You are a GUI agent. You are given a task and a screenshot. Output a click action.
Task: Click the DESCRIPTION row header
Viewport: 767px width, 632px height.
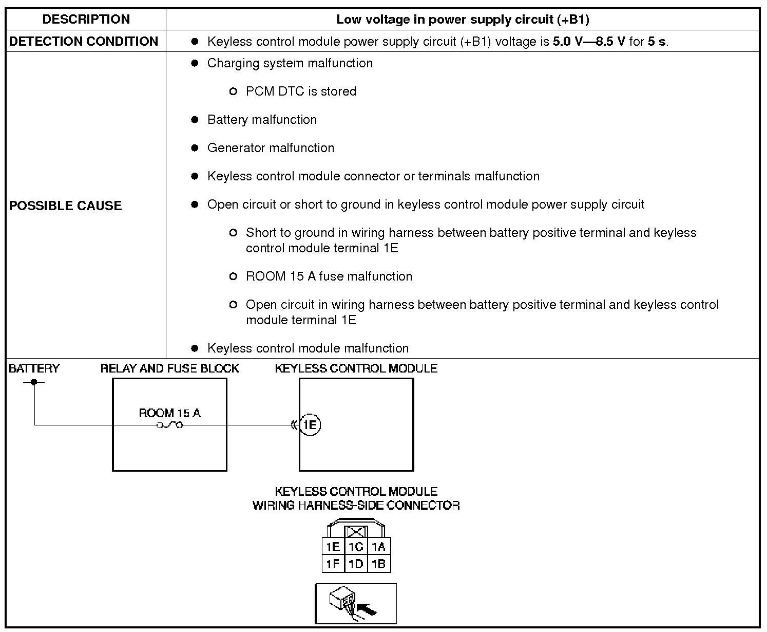[x=86, y=20]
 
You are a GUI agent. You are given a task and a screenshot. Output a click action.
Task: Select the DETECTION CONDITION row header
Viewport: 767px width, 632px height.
[x=84, y=41]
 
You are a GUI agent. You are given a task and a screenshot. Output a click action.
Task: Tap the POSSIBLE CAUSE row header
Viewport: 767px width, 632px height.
[x=66, y=206]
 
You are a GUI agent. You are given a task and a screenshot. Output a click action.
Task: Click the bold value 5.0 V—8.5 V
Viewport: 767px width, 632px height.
[x=589, y=41]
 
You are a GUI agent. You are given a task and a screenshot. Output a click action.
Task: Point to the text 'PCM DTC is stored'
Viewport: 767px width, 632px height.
[x=301, y=91]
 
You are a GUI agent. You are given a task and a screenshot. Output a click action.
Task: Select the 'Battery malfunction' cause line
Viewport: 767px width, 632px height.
[x=262, y=120]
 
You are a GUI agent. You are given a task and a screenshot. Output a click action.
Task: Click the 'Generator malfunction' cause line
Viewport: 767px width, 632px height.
[x=271, y=148]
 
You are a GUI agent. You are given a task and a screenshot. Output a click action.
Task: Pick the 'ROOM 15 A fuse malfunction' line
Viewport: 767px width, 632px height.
[x=329, y=276]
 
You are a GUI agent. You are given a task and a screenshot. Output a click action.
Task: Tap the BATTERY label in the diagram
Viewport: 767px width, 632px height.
[x=34, y=368]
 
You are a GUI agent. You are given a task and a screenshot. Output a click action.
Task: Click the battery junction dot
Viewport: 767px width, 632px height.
[x=34, y=382]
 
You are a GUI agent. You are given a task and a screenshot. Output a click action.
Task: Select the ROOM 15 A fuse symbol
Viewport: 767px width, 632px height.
[x=169, y=425]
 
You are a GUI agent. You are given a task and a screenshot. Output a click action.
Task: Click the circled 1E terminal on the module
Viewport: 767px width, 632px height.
[x=310, y=425]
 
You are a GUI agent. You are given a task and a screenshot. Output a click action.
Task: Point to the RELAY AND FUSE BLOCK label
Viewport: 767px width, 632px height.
[x=169, y=368]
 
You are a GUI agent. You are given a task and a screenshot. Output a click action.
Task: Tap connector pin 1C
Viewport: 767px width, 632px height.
[x=356, y=547]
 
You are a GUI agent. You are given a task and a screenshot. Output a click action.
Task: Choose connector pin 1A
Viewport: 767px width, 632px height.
[x=379, y=547]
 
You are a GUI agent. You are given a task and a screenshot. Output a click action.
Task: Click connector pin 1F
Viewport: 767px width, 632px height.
[x=333, y=564]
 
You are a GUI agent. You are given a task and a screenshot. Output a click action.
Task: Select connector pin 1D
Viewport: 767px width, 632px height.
[x=356, y=564]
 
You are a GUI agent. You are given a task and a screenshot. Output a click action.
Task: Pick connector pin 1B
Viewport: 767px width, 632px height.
[x=379, y=564]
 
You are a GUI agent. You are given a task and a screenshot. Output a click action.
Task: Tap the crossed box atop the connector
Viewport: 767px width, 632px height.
[x=355, y=532]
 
